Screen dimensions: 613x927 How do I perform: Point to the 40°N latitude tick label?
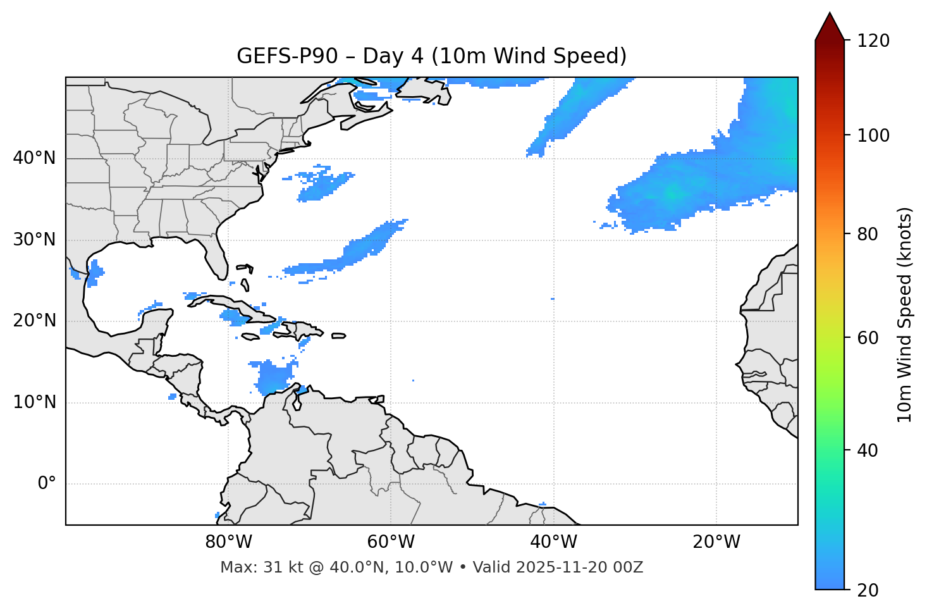[x=34, y=158]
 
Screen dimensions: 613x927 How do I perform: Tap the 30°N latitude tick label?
[x=34, y=240]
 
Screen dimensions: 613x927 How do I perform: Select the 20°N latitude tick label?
[x=34, y=321]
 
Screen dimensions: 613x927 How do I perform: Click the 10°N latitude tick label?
[x=34, y=402]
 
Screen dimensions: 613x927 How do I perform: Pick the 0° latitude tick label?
[x=47, y=484]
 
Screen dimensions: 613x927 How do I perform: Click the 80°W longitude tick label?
[x=228, y=542]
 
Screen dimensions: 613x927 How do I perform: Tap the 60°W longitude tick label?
[x=391, y=542]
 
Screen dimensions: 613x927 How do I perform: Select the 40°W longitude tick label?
[x=553, y=542]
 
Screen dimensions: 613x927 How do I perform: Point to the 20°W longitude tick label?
[x=716, y=542]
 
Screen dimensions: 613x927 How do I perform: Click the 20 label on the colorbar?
[x=868, y=590]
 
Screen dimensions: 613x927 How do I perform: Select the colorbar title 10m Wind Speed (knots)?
[x=905, y=314]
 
